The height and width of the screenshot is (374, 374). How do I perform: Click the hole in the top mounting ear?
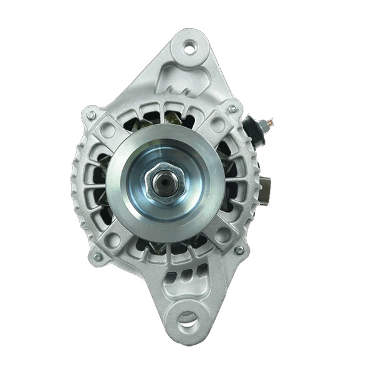188,46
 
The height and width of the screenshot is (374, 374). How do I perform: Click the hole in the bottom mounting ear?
186,322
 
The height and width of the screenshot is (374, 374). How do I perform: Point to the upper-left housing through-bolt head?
92,115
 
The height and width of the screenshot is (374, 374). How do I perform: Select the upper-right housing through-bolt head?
233,108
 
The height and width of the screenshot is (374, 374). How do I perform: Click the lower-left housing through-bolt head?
97,256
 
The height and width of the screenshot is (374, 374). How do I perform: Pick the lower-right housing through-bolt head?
239,250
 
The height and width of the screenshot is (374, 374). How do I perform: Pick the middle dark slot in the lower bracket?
188,272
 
